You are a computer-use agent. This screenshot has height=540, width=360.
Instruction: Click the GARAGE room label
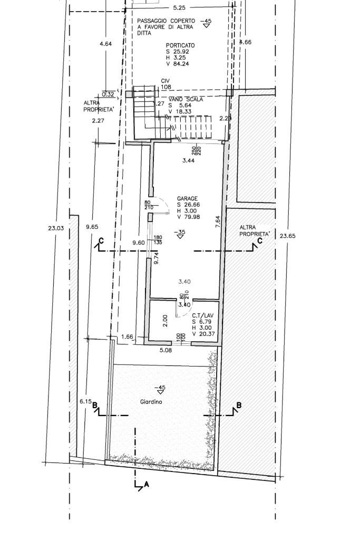pyautogui.click(x=187, y=199)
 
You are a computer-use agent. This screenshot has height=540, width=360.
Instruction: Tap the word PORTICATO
pyautogui.click(x=180, y=45)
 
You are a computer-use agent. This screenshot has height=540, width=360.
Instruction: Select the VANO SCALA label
pyautogui.click(x=186, y=99)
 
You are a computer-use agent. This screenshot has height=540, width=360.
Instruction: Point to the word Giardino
pyautogui.click(x=151, y=402)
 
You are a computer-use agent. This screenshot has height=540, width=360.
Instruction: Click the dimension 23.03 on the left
pyautogui.click(x=55, y=228)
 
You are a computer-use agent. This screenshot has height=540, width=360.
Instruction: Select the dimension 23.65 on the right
pyautogui.click(x=288, y=236)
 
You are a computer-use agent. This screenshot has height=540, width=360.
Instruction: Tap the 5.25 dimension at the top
pyautogui.click(x=180, y=8)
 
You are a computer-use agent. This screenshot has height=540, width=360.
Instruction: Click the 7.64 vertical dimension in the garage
pyautogui.click(x=218, y=222)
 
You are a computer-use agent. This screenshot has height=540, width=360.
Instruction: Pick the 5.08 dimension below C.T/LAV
pyautogui.click(x=166, y=349)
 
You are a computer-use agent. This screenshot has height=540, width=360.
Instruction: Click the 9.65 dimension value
pyautogui.click(x=92, y=227)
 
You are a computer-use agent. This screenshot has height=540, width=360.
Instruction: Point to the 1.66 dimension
pyautogui.click(x=127, y=336)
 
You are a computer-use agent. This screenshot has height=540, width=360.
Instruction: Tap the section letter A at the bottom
pyautogui.click(x=147, y=485)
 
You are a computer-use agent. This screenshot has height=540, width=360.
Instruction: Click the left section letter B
pyautogui.click(x=95, y=406)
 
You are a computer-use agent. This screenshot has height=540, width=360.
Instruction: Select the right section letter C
pyautogui.click(x=260, y=242)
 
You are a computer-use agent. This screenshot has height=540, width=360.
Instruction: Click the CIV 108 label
pyautogui.click(x=166, y=84)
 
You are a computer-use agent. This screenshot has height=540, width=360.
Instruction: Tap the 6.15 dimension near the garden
pyautogui.click(x=85, y=401)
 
